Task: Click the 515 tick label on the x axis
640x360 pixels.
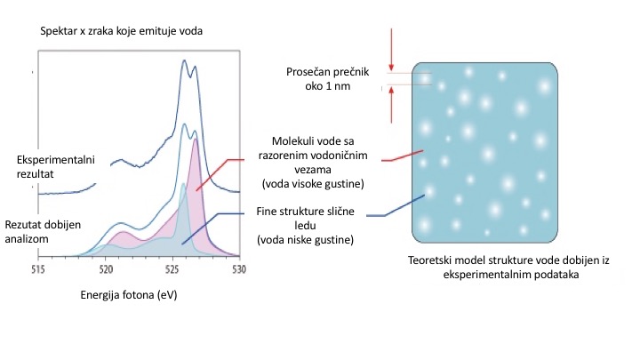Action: tap(38, 268)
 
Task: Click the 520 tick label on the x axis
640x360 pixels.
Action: tap(106, 268)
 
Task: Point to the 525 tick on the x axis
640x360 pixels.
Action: tap(172, 268)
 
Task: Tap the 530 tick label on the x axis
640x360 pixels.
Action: tap(238, 268)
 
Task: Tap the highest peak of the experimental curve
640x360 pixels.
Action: tap(185, 62)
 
